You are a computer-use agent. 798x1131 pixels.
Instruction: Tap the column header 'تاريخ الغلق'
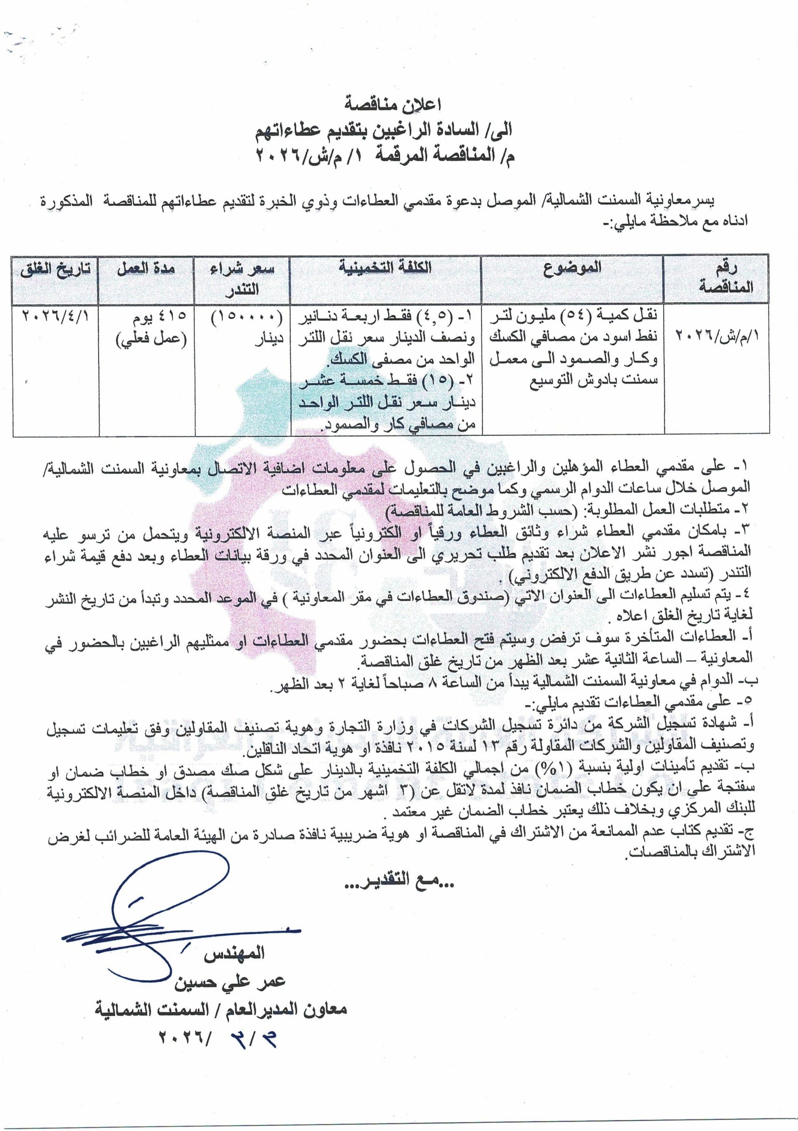(x=55, y=270)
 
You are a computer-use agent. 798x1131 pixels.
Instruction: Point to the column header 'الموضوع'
(x=573, y=268)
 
